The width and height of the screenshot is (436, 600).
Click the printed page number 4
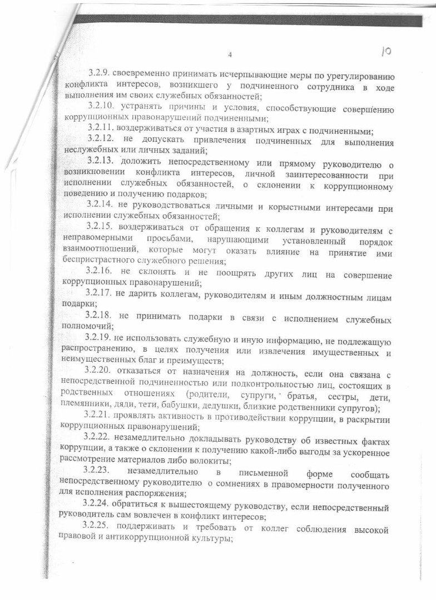coord(229,54)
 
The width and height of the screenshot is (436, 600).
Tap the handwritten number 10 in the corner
coord(385,52)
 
